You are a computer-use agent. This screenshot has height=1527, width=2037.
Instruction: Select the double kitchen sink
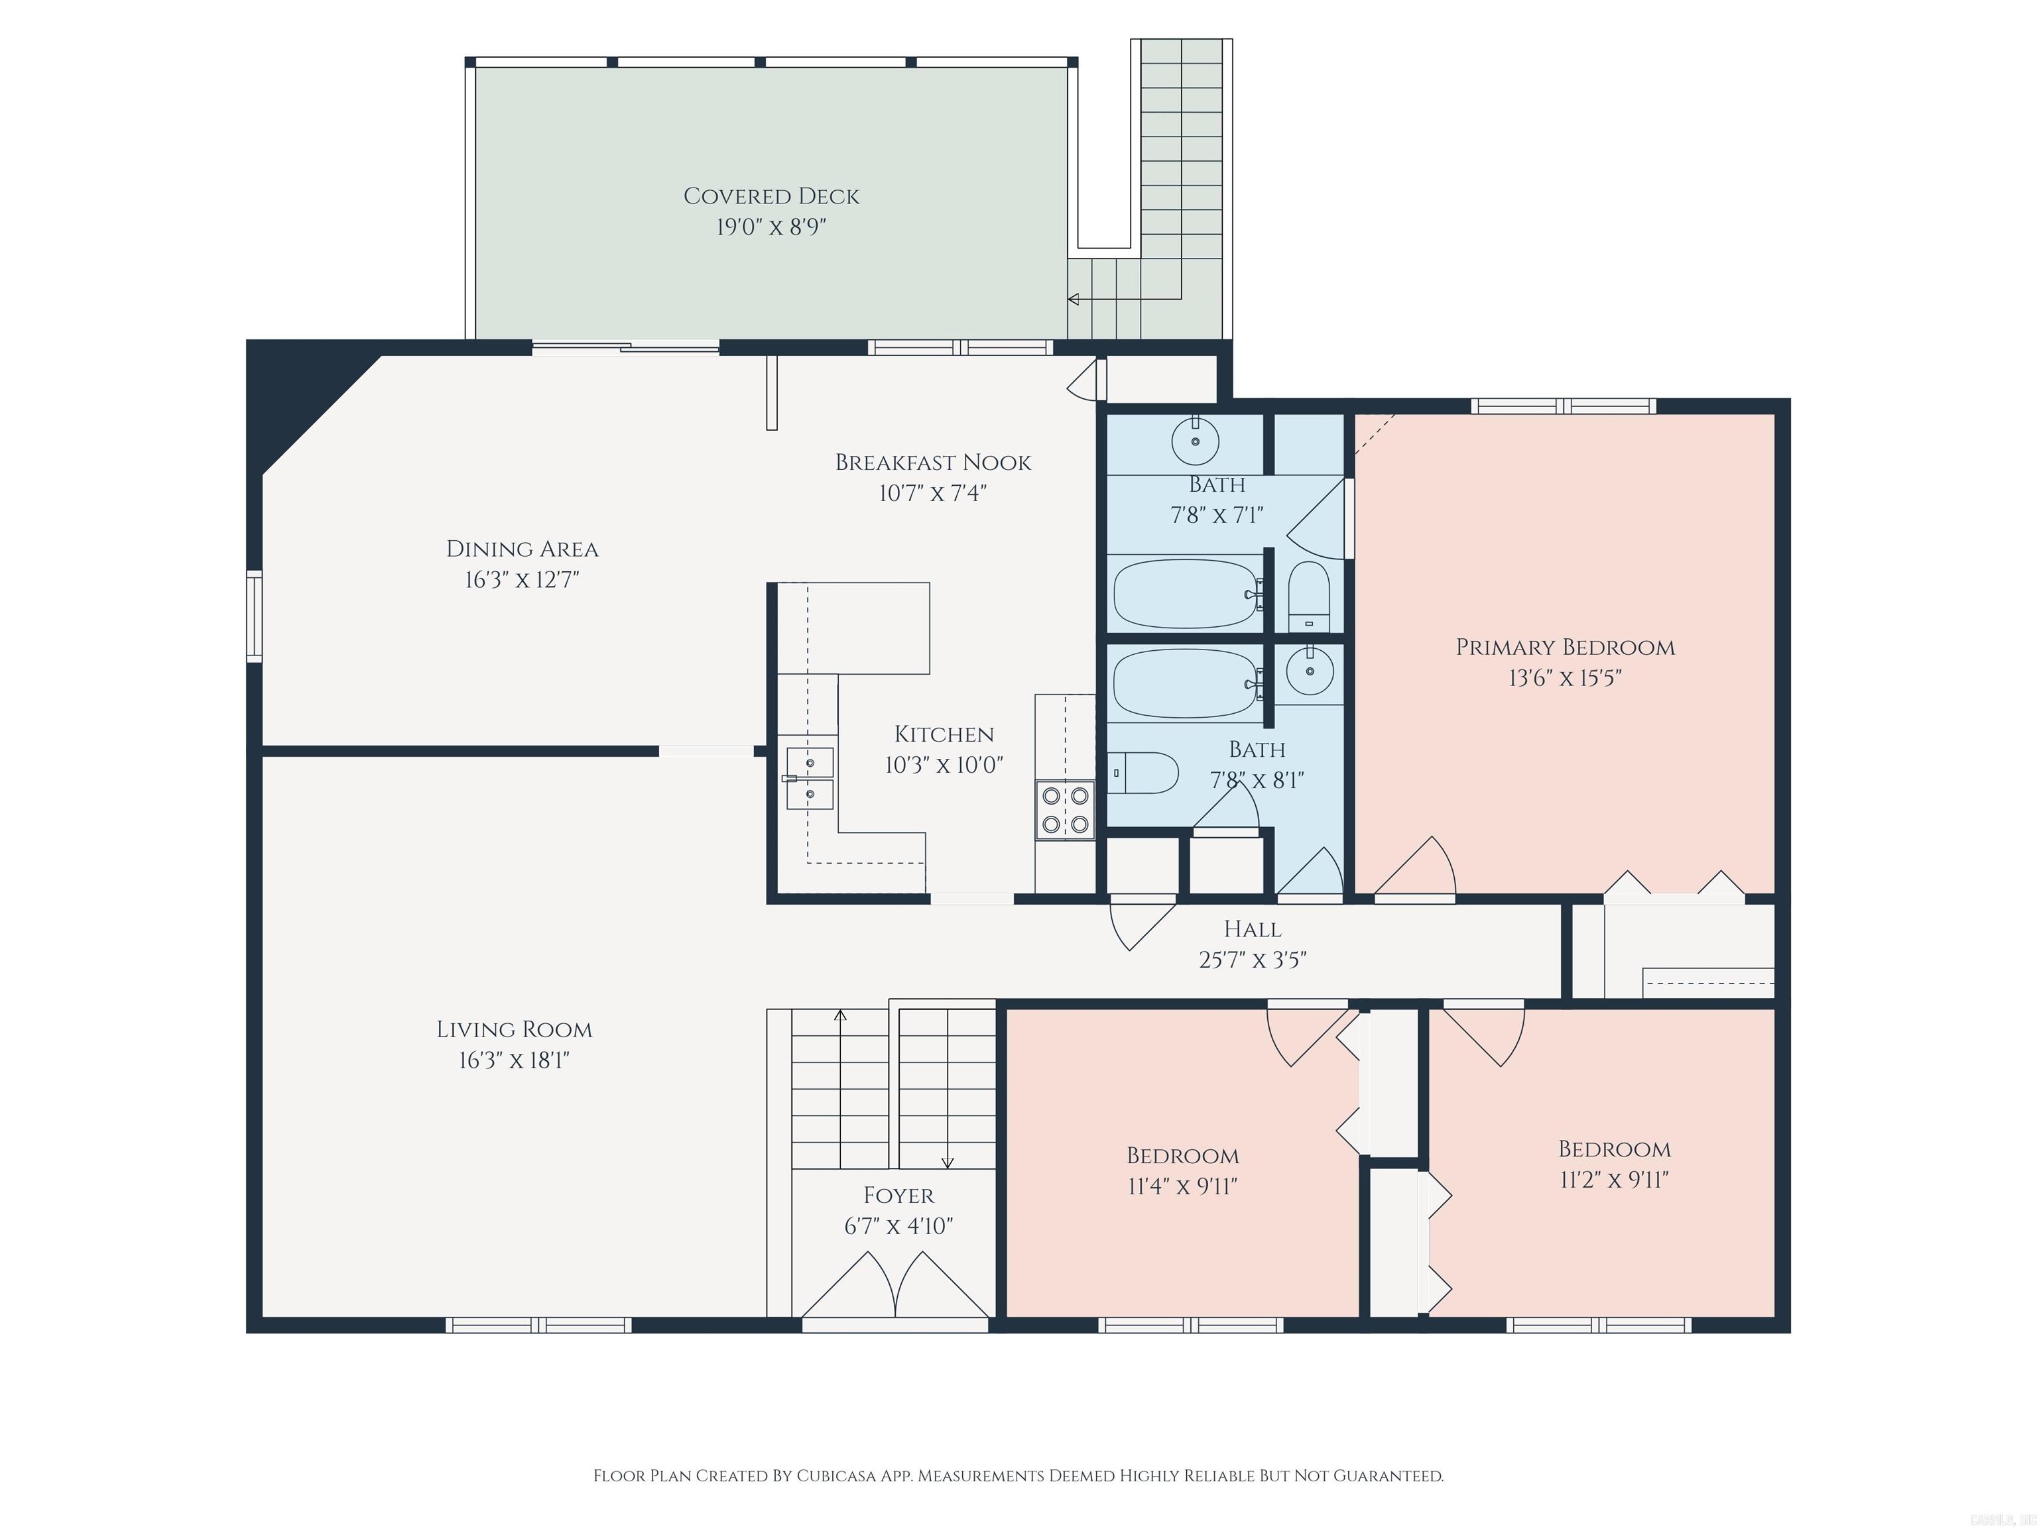point(810,778)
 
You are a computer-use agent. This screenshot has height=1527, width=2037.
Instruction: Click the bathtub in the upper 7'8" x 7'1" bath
point(1186,594)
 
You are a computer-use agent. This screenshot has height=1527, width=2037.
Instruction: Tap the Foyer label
point(898,1196)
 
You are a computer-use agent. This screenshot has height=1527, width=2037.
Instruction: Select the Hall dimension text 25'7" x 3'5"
point(1253,960)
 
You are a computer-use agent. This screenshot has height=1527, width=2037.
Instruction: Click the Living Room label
point(514,1030)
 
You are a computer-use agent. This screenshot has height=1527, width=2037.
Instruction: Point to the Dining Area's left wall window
point(254,615)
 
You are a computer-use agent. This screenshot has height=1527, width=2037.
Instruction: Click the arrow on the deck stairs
point(1074,299)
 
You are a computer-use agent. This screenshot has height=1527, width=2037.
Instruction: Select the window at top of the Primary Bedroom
point(1563,406)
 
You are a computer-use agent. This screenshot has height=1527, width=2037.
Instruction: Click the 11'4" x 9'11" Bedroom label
point(1182,1156)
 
